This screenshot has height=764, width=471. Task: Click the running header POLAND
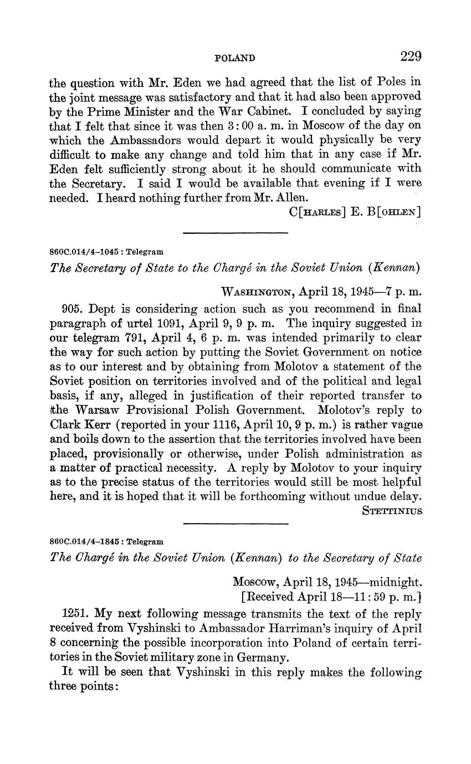pos(234,58)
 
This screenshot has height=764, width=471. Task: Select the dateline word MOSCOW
pos(255,582)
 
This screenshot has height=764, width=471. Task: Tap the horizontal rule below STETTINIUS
pos(235,523)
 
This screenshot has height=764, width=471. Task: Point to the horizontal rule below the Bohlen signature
pos(235,232)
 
